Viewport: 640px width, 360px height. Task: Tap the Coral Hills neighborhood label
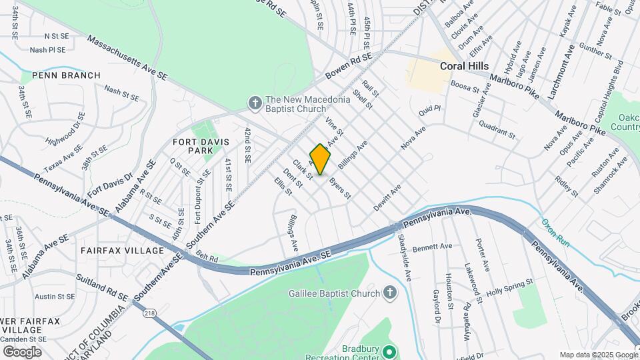click(465, 67)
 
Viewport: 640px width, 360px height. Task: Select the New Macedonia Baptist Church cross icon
click(254, 103)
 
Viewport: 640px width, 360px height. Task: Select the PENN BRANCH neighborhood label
click(61, 75)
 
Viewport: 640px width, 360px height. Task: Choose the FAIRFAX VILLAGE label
click(122, 251)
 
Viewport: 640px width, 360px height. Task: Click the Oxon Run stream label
click(555, 233)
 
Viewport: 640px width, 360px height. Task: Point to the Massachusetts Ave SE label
click(127, 59)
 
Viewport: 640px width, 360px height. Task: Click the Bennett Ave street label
click(432, 247)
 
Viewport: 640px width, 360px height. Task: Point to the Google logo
click(22, 351)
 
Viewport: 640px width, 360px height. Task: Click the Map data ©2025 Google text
click(597, 355)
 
